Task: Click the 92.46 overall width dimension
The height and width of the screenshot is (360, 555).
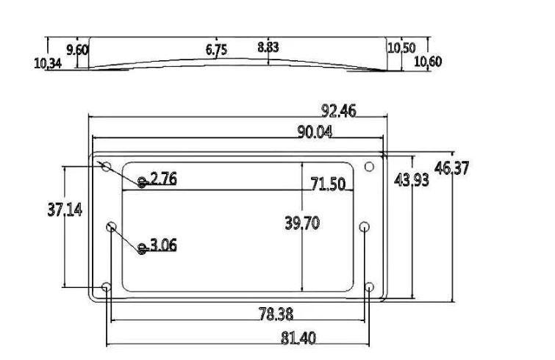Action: click(339, 111)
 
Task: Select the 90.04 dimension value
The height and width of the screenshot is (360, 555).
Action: click(315, 132)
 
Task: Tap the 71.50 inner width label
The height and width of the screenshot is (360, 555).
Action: click(328, 184)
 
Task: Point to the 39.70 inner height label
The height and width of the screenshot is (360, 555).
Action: click(302, 223)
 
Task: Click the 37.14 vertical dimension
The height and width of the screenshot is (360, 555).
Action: click(65, 210)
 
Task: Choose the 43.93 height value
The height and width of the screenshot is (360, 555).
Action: click(412, 180)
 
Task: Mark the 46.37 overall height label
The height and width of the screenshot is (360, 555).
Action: click(451, 168)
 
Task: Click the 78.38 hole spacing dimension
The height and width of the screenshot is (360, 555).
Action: click(276, 314)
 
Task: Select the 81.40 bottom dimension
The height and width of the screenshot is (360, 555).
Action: click(298, 339)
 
